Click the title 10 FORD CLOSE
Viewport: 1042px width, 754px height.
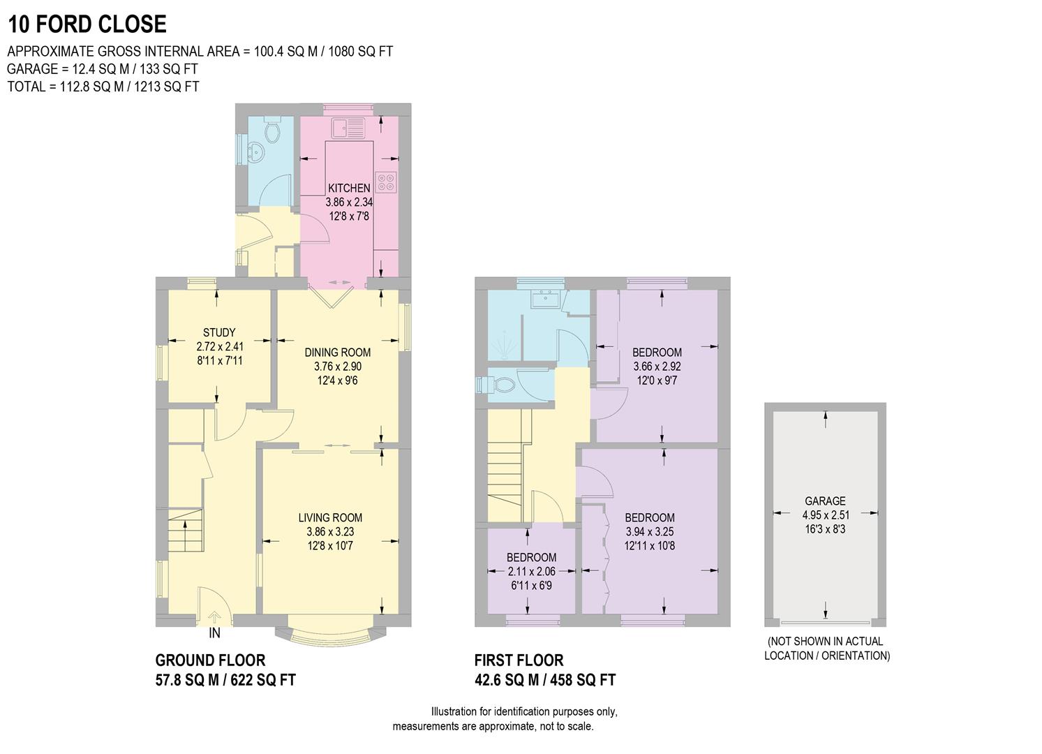(87, 24)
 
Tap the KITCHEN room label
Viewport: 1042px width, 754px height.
(349, 188)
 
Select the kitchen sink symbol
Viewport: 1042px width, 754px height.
(348, 128)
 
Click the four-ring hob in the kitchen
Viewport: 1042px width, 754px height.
(386, 182)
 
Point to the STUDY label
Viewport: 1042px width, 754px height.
(219, 332)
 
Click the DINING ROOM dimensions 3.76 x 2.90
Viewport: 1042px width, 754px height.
(338, 367)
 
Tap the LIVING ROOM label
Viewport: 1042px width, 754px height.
(330, 517)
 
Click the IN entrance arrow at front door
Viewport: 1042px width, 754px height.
(215, 618)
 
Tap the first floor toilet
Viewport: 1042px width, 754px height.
(500, 383)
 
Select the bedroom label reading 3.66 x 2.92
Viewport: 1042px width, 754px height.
(657, 367)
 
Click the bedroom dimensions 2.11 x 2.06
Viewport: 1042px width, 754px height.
(531, 571)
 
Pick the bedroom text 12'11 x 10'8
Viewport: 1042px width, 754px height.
(649, 545)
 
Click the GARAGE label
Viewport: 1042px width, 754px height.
(825, 501)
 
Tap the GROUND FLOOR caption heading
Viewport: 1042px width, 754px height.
(210, 660)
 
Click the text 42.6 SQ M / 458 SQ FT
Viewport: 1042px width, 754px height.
(544, 680)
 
